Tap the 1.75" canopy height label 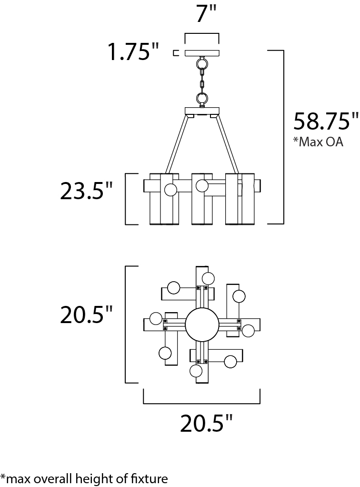tap(133, 51)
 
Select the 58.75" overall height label tap(326, 121)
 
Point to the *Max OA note tap(319, 142)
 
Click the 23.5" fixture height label tap(86, 191)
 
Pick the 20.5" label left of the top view tap(86, 315)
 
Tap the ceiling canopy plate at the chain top tap(202, 53)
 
